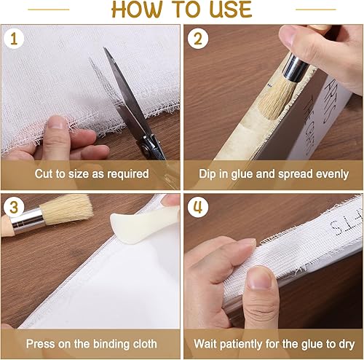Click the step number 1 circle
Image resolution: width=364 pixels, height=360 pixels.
tap(14, 39)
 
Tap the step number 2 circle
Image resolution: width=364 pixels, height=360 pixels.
tap(198, 39)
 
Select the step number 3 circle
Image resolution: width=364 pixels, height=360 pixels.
tap(14, 207)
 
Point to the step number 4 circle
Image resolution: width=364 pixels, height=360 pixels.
tap(198, 207)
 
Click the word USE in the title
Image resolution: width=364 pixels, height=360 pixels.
tap(231, 9)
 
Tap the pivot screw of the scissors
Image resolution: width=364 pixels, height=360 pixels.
tap(146, 146)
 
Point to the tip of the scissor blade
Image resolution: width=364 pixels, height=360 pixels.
tap(104, 48)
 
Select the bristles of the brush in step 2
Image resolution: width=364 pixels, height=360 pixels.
tap(277, 98)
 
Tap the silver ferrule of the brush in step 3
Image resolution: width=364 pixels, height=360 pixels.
tap(27, 221)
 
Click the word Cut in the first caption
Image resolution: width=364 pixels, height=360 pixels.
tap(44, 174)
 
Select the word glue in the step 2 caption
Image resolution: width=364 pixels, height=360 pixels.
tap(242, 174)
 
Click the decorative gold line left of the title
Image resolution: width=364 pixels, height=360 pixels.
tap(49, 9)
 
